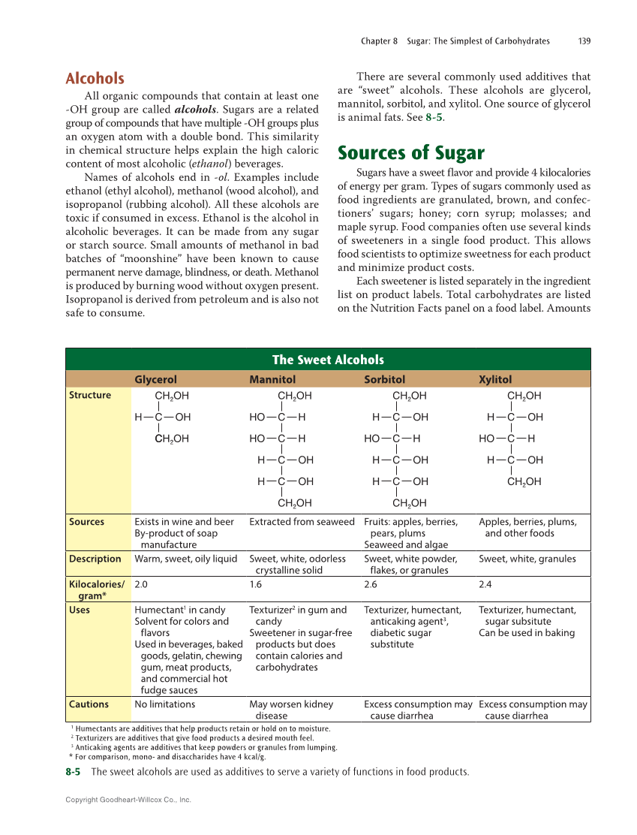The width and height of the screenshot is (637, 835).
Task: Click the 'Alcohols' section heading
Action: pyautogui.click(x=95, y=78)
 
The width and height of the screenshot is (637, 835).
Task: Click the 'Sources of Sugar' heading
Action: pyautogui.click(x=411, y=153)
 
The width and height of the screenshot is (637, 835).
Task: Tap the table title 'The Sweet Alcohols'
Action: pyautogui.click(x=328, y=360)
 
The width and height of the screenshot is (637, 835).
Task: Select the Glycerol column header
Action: pyautogui.click(x=155, y=380)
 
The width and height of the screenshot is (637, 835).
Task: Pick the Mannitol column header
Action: pyautogui.click(x=272, y=380)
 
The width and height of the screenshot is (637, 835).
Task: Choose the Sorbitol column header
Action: pyautogui.click(x=384, y=380)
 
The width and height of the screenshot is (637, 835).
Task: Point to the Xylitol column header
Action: pyautogui.click(x=495, y=380)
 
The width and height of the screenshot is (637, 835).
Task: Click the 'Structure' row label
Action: pyautogui.click(x=90, y=395)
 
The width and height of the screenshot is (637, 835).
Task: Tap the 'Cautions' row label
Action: pyautogui.click(x=89, y=704)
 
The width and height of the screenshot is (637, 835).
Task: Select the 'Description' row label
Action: pyautogui.click(x=95, y=559)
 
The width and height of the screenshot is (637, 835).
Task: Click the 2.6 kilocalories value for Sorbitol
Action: pyautogui.click(x=371, y=583)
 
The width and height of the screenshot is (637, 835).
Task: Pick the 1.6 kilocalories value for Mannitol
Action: pyautogui.click(x=257, y=583)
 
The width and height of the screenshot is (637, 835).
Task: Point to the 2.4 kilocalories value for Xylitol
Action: pyautogui.click(x=486, y=583)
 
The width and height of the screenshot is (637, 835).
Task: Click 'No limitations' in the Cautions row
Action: pyautogui.click(x=164, y=704)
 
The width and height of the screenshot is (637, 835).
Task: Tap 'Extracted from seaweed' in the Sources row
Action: pyautogui.click(x=302, y=521)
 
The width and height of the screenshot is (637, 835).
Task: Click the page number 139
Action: pyautogui.click(x=584, y=41)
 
